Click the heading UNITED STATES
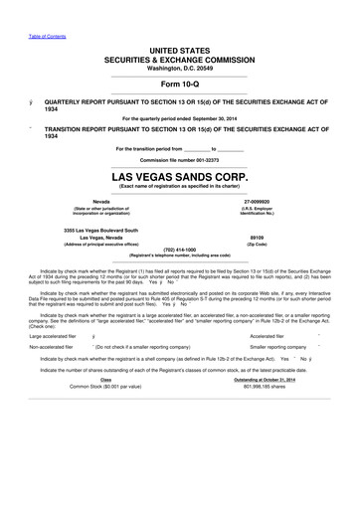click(x=179, y=49)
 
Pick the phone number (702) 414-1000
click(x=179, y=250)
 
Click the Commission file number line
click(x=179, y=159)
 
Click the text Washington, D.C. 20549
click(x=179, y=67)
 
